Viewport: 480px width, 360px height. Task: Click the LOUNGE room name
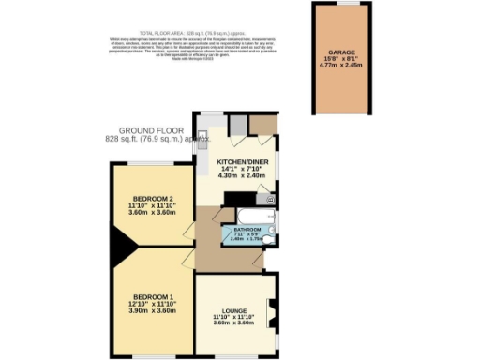[234, 309]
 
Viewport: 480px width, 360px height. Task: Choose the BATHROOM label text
[247, 229]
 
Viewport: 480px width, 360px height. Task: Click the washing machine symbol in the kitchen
[270, 200]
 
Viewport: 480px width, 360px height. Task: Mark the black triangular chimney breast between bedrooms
[120, 250]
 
